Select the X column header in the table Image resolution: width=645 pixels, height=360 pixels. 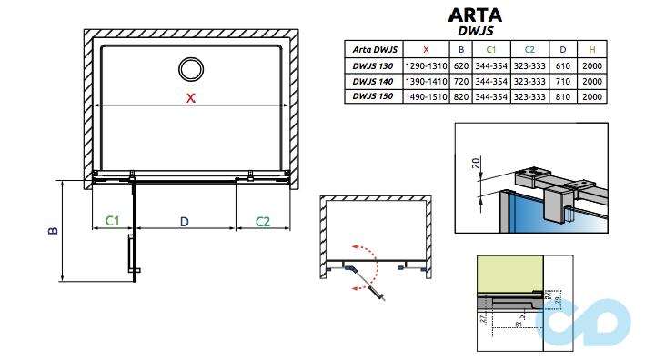[427, 49]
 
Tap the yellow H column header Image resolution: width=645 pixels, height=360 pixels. [592, 49]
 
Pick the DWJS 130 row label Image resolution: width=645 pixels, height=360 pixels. [372, 66]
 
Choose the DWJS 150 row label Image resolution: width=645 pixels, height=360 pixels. [372, 95]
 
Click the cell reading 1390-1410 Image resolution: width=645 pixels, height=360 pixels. [427, 81]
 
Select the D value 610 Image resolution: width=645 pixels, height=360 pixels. [563, 66]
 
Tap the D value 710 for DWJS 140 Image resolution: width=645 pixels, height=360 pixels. [563, 81]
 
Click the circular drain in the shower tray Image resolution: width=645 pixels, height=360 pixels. [191, 69]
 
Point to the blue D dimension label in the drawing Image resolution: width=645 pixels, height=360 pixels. [184, 221]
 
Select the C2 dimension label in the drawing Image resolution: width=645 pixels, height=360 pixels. [263, 221]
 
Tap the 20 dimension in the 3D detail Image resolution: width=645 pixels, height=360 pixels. [475, 164]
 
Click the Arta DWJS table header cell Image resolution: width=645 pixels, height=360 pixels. [372, 49]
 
